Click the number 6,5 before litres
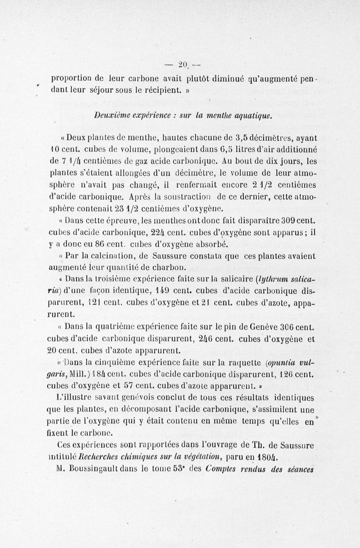click(213, 149)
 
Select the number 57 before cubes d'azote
click(128, 386)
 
